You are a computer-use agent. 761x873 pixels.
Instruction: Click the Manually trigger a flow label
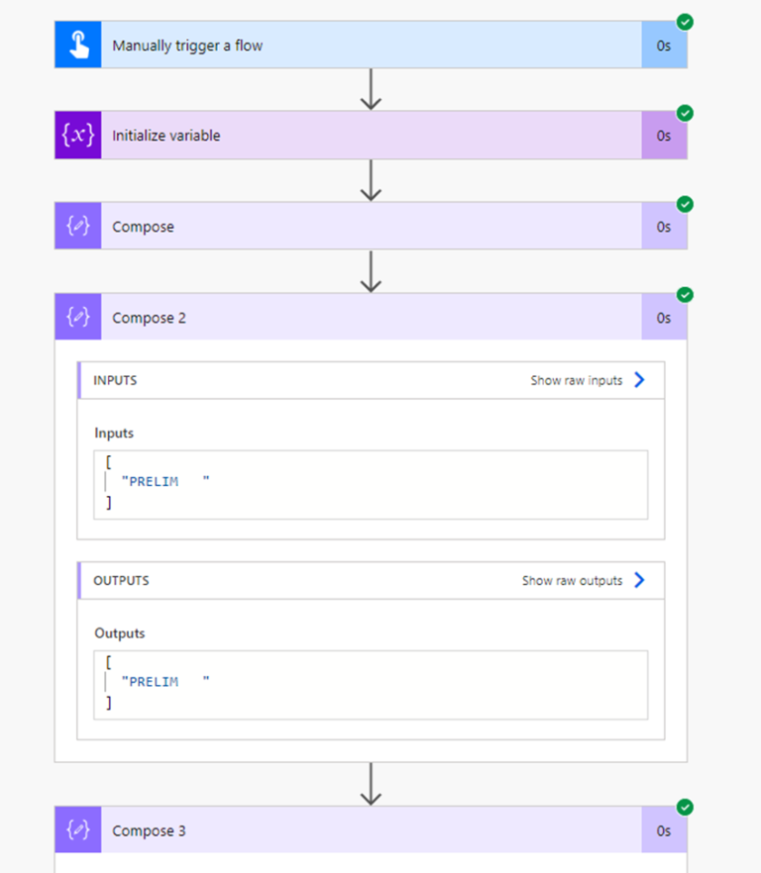point(187,46)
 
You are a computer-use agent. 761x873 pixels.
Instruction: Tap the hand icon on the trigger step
point(78,46)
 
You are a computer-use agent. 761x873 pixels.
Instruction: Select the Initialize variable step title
point(165,136)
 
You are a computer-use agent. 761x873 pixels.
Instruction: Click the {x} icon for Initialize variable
point(78,136)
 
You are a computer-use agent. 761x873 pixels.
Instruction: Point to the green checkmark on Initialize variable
point(685,113)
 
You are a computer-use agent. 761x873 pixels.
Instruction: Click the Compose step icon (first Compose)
point(78,227)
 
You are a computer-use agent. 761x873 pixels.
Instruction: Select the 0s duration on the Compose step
point(664,227)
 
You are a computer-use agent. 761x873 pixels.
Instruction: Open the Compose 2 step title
point(149,318)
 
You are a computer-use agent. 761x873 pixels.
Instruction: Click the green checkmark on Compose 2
point(685,295)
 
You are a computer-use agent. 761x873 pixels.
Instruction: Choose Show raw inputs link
point(576,380)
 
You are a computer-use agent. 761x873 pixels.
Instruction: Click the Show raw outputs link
point(572,581)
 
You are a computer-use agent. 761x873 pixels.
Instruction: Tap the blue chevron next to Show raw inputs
point(639,380)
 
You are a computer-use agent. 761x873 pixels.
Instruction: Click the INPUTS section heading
point(115,380)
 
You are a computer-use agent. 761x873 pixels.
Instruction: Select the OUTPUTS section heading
point(121,581)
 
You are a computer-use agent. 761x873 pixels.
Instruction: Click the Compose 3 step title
point(149,831)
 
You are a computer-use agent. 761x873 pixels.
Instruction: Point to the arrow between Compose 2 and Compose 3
point(371,784)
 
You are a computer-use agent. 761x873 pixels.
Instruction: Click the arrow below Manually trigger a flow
point(371,89)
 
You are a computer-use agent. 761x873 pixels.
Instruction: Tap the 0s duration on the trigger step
point(664,46)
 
